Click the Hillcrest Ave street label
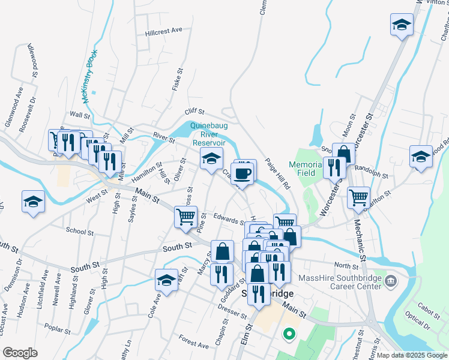point(163,30)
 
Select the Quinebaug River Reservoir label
point(208,134)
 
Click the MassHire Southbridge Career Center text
point(349,282)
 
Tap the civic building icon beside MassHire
point(391,280)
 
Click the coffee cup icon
point(243,173)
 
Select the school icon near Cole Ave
point(166,280)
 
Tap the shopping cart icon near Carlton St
point(358,196)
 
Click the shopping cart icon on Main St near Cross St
point(185,216)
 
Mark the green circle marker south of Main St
point(289,334)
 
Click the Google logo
point(20,352)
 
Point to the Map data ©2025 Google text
point(411,355)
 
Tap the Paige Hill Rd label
point(277,176)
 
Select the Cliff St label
point(194,112)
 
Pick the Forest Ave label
point(193,345)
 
